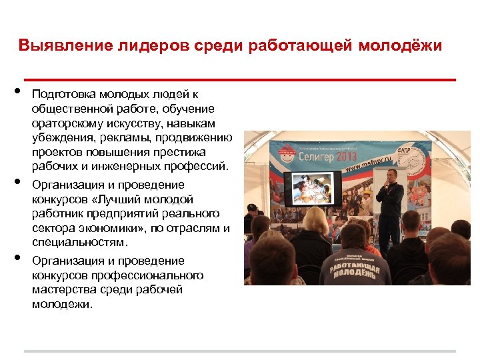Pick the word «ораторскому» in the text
click(61, 123)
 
